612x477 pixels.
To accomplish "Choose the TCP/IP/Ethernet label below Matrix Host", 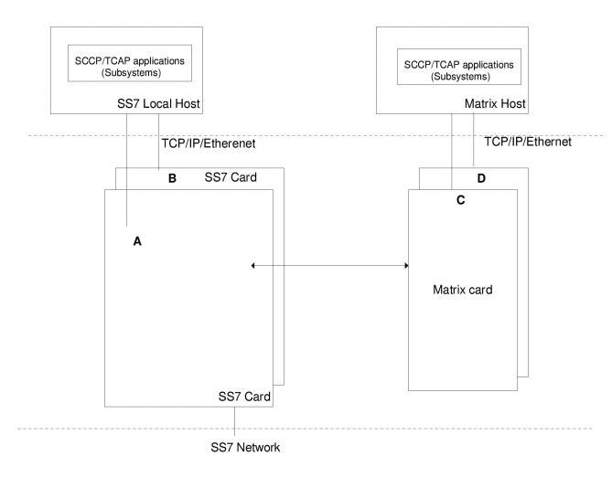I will (527, 143).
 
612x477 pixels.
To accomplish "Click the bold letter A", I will (138, 242).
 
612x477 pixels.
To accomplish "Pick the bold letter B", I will (171, 178).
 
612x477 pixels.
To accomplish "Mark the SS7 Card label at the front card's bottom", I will (244, 397).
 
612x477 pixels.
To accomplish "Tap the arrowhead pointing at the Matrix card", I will (404, 267).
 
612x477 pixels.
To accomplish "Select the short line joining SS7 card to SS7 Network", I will (235, 417).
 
